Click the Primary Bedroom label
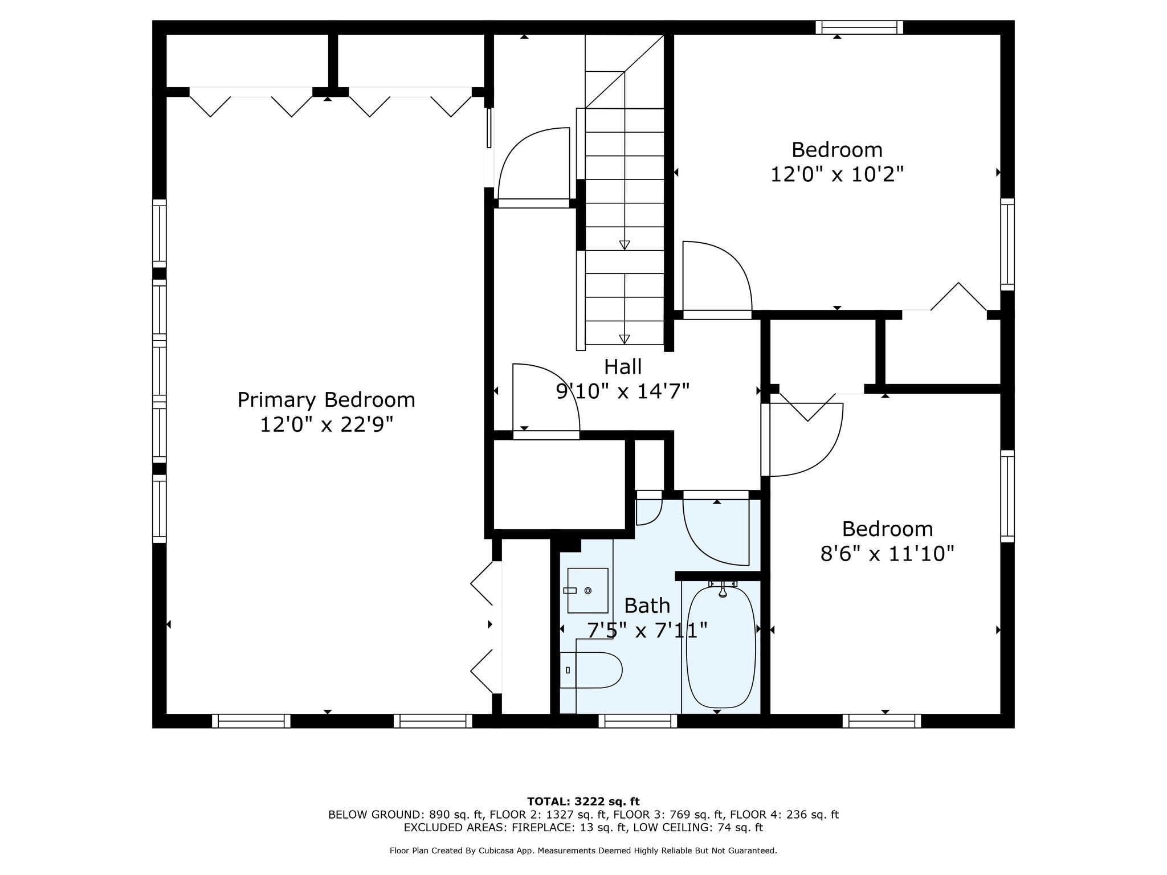coord(326,400)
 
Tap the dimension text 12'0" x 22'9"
coord(327,424)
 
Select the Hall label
coord(623,366)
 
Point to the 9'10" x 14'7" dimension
coord(623,391)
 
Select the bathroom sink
coord(587,591)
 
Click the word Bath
coord(647,606)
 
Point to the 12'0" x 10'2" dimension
coord(837,174)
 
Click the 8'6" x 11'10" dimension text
coord(887,553)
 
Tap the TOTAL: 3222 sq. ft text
coord(583,802)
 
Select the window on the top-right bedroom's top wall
coord(859,27)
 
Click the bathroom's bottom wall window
coord(638,721)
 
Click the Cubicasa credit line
coord(583,851)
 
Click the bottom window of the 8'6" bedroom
coord(882,721)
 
